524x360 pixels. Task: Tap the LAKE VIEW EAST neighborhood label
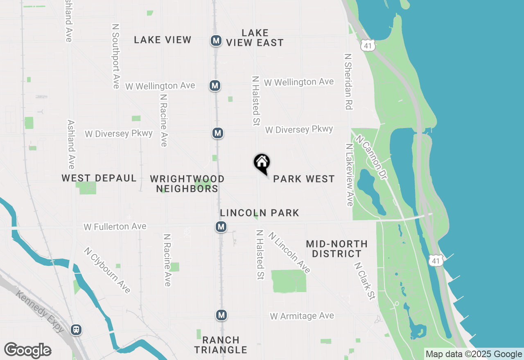255,38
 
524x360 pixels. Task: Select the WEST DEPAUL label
99,178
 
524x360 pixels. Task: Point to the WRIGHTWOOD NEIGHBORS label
187,184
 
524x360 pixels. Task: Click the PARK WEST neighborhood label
304,179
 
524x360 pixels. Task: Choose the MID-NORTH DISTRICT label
337,249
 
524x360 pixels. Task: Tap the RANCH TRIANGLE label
221,345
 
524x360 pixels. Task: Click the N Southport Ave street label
116,56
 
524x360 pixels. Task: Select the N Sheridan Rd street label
348,81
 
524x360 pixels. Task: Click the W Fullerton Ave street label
115,227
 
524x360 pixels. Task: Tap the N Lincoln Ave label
289,252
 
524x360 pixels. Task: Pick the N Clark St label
364,281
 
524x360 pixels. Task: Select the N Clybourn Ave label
107,270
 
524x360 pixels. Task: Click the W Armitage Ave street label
302,316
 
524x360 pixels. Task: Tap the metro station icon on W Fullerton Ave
221,227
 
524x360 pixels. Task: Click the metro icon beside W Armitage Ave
221,315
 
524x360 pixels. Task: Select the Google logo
27,350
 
